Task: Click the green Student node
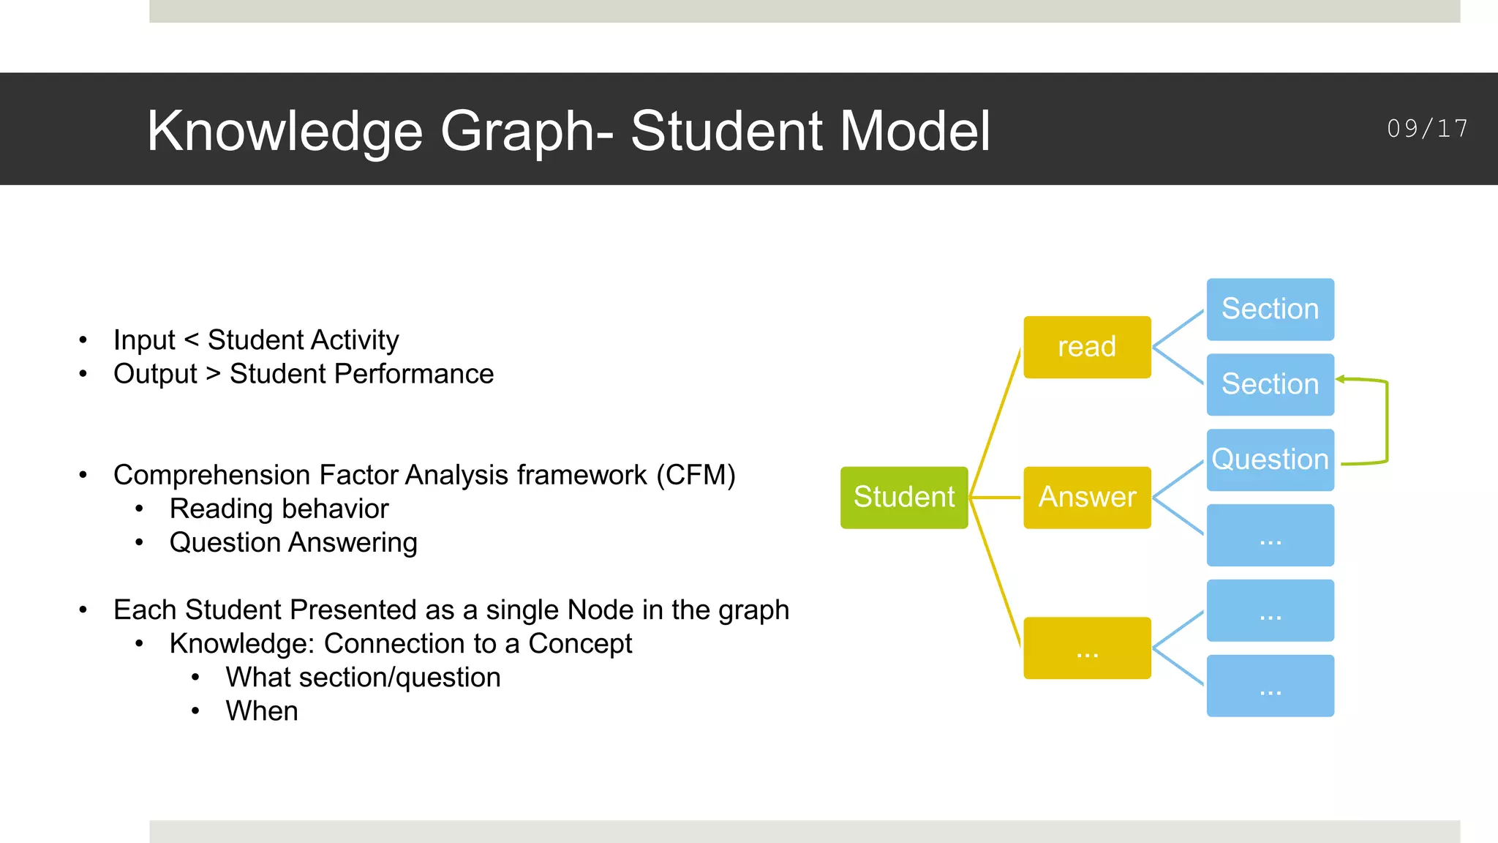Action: point(904,498)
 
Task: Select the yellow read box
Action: point(1087,347)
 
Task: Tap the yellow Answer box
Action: point(1087,498)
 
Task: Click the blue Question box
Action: point(1270,460)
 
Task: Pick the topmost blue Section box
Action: point(1270,309)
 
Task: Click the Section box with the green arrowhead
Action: point(1270,384)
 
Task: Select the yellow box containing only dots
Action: point(1087,648)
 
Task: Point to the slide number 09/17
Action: point(1427,129)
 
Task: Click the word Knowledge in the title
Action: point(285,132)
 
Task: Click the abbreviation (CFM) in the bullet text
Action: point(696,475)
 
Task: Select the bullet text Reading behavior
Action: point(279,509)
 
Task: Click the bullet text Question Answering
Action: point(293,542)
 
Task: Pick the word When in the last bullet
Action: point(262,711)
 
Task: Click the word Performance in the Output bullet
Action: point(413,374)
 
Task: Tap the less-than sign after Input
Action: point(192,340)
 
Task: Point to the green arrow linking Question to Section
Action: point(1387,421)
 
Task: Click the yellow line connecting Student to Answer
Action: point(995,498)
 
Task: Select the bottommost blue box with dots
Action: point(1270,686)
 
